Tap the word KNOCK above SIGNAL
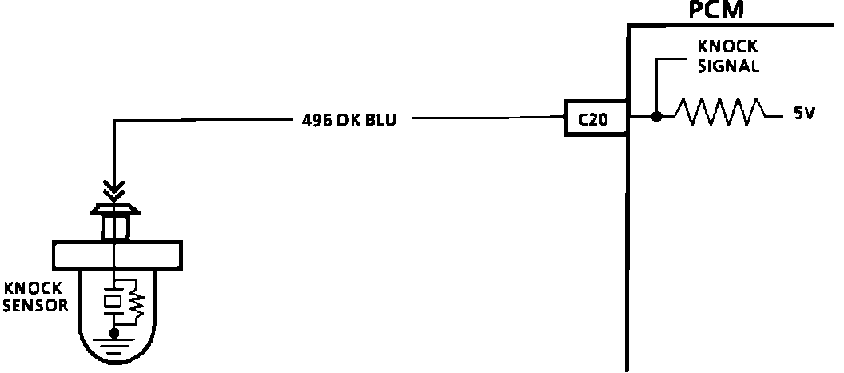point(727,49)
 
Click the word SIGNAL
point(727,66)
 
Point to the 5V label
point(803,114)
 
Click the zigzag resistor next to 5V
point(718,112)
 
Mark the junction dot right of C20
point(656,117)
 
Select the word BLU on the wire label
point(381,120)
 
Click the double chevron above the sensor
point(116,190)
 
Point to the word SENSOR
point(35,305)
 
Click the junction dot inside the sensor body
point(116,331)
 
